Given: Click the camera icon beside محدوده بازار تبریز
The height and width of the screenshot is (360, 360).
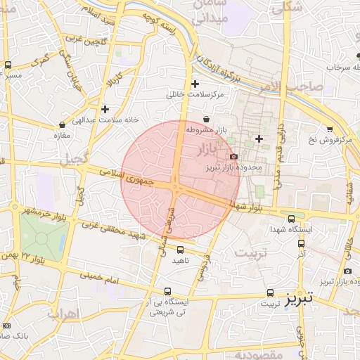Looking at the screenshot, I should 233,156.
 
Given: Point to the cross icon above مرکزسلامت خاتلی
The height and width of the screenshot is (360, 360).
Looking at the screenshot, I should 195,84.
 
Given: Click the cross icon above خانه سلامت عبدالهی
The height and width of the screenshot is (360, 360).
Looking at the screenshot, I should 105,109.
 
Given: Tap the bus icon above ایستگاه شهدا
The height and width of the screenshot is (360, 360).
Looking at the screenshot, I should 292,219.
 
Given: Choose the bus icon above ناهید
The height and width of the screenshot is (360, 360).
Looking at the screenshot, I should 181,249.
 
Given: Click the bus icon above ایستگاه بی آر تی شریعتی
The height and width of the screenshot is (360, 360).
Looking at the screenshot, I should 167,291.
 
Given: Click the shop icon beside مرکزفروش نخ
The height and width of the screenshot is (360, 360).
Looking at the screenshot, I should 347,141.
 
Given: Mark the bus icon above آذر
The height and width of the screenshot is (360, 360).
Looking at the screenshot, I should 301,243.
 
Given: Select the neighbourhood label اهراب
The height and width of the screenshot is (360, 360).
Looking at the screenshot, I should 62,314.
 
